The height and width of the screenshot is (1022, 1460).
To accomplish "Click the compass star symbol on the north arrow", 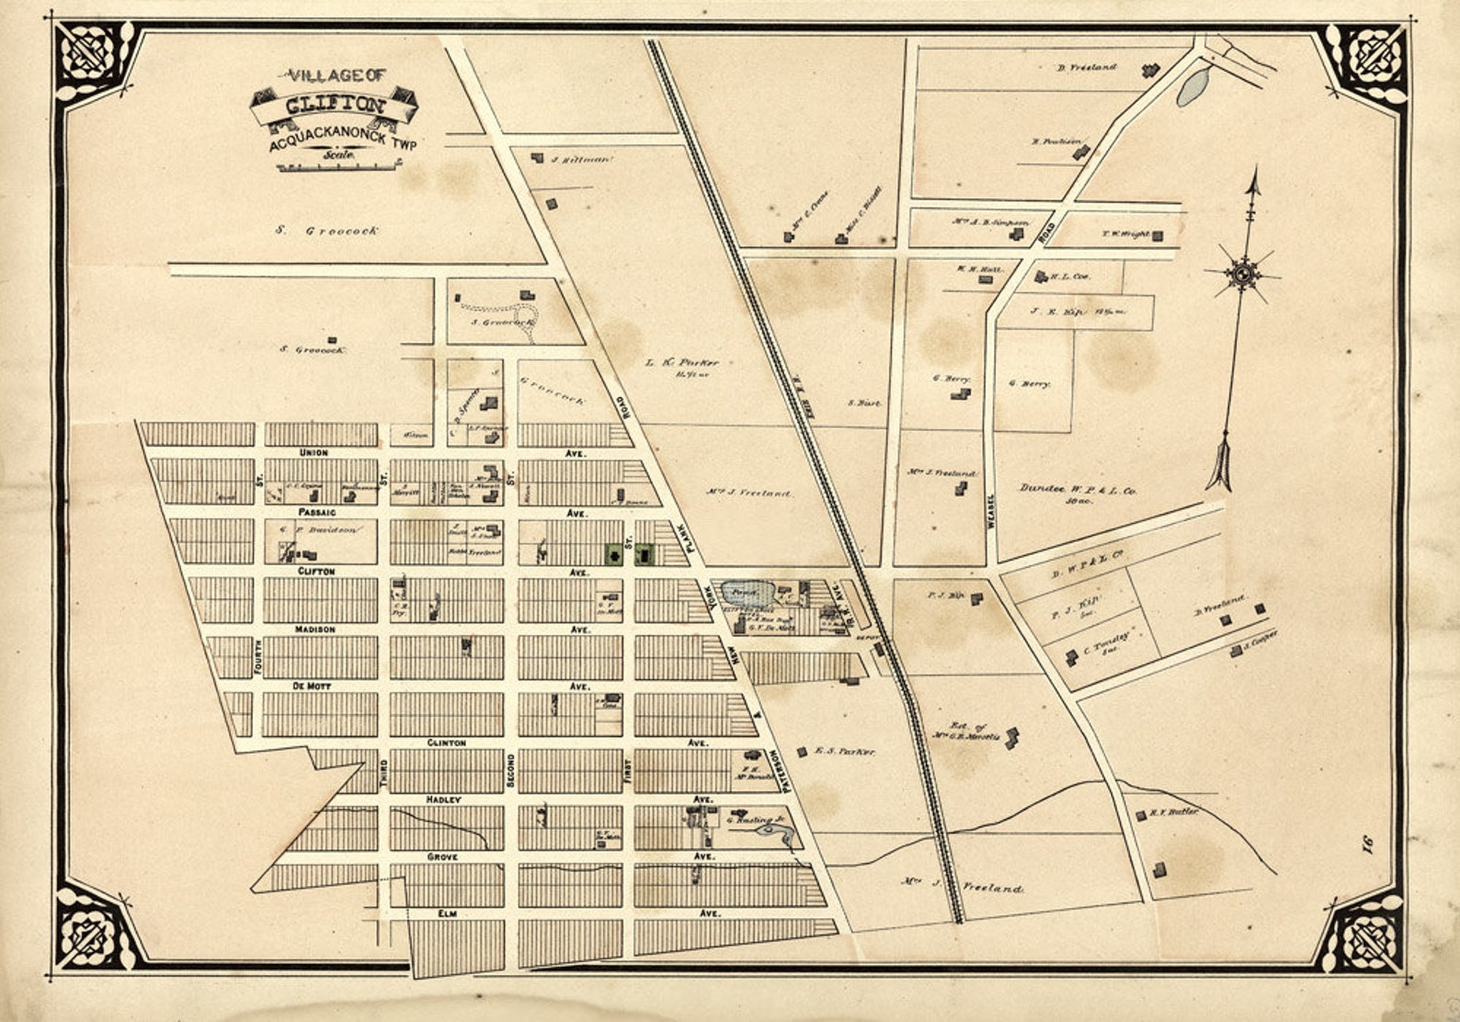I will click(1243, 274).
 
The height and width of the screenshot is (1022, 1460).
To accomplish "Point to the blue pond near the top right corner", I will click(1192, 86).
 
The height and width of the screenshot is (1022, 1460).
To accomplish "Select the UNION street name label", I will click(314, 453).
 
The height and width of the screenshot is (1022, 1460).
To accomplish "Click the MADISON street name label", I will click(315, 630).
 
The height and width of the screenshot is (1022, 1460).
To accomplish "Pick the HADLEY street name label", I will click(442, 800).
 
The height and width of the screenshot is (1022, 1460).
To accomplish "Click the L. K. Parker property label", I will click(681, 363).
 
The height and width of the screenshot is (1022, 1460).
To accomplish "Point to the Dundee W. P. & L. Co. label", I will click(1078, 492).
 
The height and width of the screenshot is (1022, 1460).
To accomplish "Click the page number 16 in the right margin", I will click(1365, 842).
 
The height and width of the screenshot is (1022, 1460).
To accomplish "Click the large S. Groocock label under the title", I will click(326, 232).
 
